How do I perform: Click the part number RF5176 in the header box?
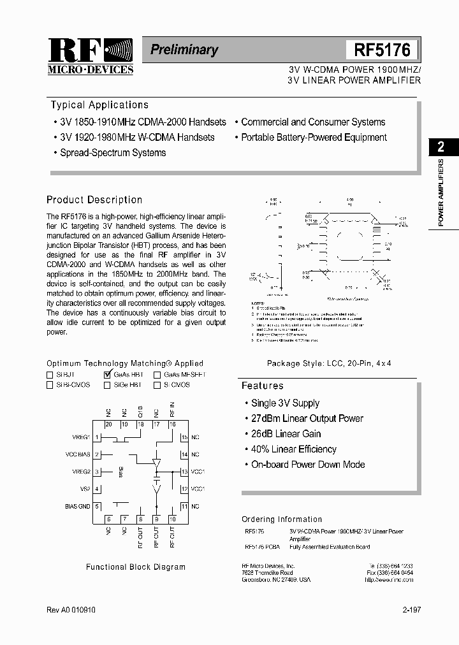point(382,50)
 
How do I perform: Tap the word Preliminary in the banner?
point(184,50)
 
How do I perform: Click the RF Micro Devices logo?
point(90,56)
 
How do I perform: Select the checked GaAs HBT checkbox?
point(107,375)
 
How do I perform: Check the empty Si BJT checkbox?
point(50,375)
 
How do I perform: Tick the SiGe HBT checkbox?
point(107,385)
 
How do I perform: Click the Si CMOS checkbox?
point(157,385)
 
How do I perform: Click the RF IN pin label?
point(171,409)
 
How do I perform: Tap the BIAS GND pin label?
point(78,506)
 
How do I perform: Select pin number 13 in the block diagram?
point(184,472)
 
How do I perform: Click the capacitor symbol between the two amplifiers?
point(156,475)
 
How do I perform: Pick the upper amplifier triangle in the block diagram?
point(156,462)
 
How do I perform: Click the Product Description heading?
point(94,199)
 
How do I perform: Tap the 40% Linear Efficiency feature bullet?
point(293,449)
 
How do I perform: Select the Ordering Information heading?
point(282,519)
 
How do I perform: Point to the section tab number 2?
point(441,147)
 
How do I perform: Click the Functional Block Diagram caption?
point(136,567)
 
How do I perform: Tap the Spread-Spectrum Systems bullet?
point(113,153)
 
